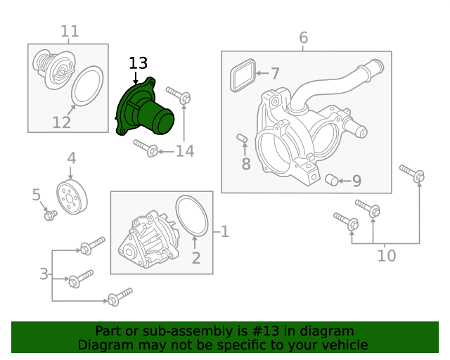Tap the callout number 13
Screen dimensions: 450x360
(138, 63)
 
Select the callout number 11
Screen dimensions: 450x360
(70, 32)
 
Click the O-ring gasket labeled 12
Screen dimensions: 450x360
(87, 86)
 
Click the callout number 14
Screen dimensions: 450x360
(185, 151)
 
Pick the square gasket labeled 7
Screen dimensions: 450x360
(243, 75)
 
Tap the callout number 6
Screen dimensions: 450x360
(303, 37)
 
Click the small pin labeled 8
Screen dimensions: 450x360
(242, 138)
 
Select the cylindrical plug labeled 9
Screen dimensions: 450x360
(332, 180)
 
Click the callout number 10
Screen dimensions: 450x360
(386, 255)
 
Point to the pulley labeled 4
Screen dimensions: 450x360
(72, 197)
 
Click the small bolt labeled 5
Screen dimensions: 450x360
(51, 214)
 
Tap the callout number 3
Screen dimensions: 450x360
(44, 274)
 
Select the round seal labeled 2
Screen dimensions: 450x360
(192, 216)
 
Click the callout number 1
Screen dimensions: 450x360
(225, 231)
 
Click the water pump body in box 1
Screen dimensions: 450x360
(148, 240)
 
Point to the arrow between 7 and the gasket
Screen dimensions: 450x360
(262, 74)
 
